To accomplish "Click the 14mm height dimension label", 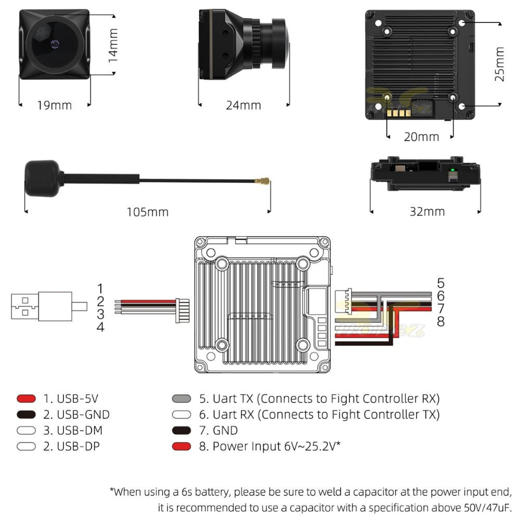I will [x=113, y=46].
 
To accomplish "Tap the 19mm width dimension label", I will [x=54, y=106].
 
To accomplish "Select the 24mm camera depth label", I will [x=243, y=106].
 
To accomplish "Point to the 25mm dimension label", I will [x=499, y=64].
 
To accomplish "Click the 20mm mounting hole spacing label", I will [x=421, y=137].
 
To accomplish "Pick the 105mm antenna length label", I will [x=148, y=212].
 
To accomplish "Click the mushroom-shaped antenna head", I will [x=43, y=178].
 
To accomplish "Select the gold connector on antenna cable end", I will [x=262, y=182].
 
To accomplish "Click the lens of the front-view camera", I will [x=54, y=43].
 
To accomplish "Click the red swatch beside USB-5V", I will [x=26, y=399].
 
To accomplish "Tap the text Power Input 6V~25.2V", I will [x=276, y=446].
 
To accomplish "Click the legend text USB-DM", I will [x=80, y=430].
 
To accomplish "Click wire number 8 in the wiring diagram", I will [x=440, y=322].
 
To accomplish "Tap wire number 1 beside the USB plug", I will [x=100, y=288].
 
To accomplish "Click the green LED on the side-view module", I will [x=453, y=170].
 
